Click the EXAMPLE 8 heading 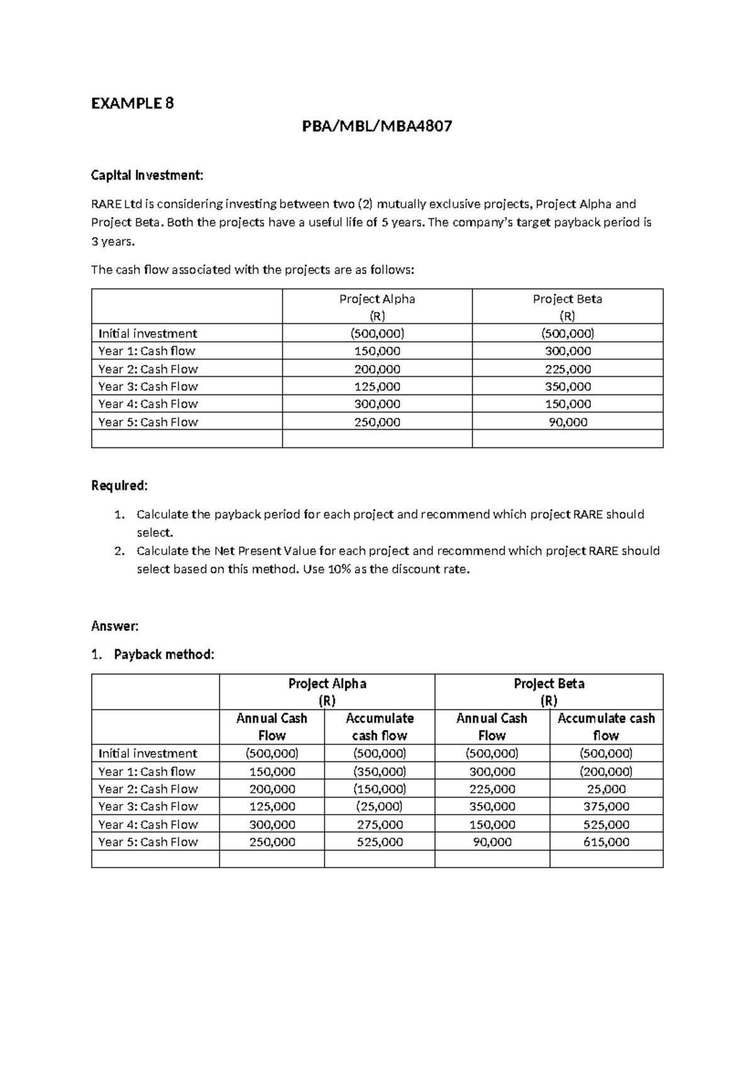(x=132, y=103)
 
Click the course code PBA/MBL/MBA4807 (x=377, y=127)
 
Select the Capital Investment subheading (x=147, y=176)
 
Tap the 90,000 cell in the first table (x=567, y=422)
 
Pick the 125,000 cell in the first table (x=377, y=386)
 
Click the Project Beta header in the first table (x=567, y=299)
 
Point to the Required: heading (x=120, y=486)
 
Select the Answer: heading (x=115, y=626)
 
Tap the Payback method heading (x=164, y=654)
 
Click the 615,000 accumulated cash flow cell (x=606, y=842)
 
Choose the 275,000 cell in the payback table (x=379, y=824)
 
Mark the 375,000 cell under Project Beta (x=606, y=807)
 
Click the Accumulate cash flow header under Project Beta (x=606, y=727)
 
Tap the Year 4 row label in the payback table (x=148, y=824)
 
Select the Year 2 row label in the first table (x=148, y=369)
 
